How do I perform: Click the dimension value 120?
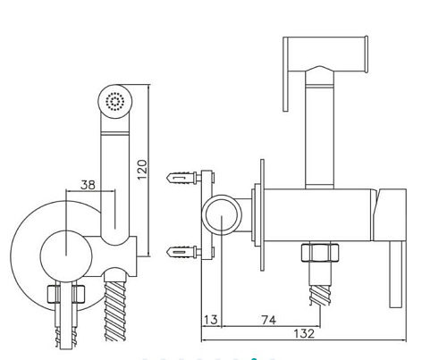pos(142,169)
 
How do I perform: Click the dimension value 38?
pos(88,185)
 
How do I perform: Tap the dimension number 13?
pos(211,320)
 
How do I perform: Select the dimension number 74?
pos(269,320)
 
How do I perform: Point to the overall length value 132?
pos(304,333)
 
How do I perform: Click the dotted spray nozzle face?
pos(115,101)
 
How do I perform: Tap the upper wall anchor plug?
pos(181,178)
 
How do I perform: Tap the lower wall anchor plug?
pos(181,252)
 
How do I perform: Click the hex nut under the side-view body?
pos(320,253)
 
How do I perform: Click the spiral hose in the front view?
pos(115,310)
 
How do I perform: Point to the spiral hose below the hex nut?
pos(320,295)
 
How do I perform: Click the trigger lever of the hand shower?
pos(285,74)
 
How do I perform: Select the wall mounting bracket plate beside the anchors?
pos(207,214)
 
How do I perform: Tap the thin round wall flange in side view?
pos(262,215)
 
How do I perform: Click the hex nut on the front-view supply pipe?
pos(66,294)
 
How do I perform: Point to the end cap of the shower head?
pos(367,54)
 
